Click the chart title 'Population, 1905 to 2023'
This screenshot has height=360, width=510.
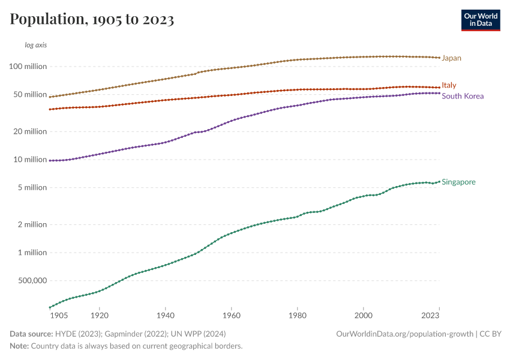coord(92,20)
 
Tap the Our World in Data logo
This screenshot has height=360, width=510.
coord(480,20)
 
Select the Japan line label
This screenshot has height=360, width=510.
coord(451,58)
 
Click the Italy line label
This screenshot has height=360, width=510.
coord(449,85)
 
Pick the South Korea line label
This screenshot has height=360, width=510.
coord(462,96)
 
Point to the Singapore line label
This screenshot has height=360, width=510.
coord(458,182)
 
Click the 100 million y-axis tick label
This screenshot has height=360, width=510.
coord(28,67)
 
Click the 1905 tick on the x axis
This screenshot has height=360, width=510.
coord(58,314)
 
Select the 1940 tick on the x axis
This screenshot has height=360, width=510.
coord(165,314)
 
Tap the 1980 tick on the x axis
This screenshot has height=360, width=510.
coord(297,314)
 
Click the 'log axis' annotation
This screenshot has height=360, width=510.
coord(35,45)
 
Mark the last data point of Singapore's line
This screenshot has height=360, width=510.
coord(439,181)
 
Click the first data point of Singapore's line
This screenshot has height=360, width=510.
coord(50,307)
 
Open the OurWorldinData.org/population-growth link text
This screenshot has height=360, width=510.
coord(406,334)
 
